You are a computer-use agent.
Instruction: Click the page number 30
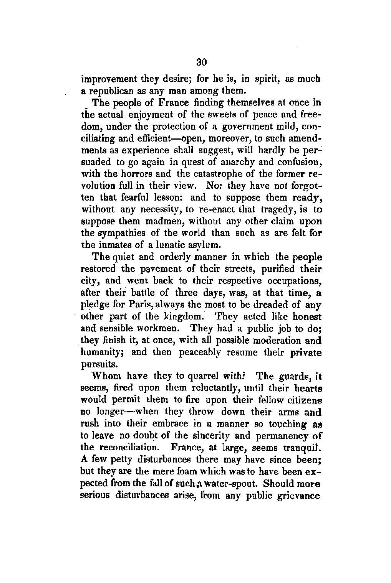point(201,62)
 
